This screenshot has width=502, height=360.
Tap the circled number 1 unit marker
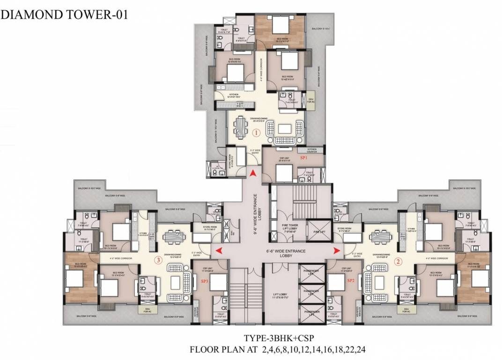tap(256, 133)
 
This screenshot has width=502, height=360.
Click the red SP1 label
tap(303, 158)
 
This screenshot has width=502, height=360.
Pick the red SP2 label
tap(351, 281)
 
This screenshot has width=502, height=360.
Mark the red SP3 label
tap(204, 281)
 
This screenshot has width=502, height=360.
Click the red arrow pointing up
tap(253, 173)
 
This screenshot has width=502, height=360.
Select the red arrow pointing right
tap(336, 251)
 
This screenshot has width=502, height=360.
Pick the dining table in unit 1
tap(240, 125)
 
